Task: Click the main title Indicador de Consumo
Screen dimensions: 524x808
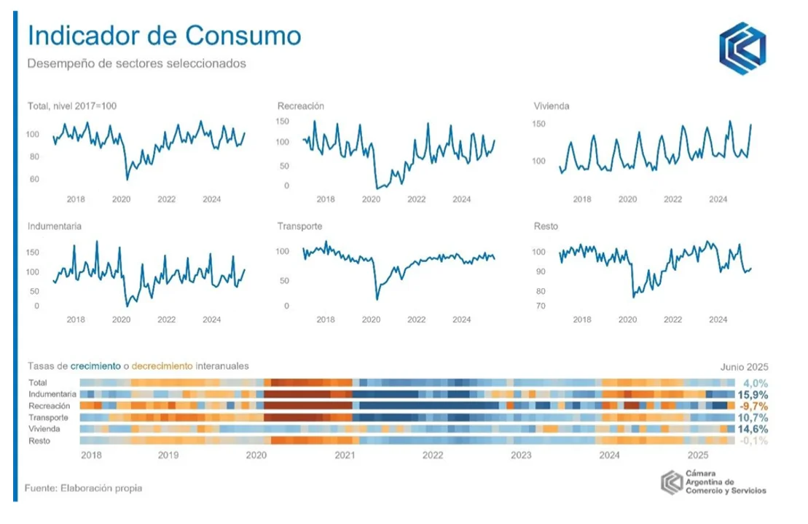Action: (x=164, y=36)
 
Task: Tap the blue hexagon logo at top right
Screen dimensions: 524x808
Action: (x=742, y=49)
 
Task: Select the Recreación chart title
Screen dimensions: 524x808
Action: (x=300, y=106)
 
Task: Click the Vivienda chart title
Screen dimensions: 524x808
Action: (x=552, y=106)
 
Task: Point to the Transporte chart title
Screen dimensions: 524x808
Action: (x=299, y=226)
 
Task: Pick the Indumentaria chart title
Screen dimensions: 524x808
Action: (x=54, y=226)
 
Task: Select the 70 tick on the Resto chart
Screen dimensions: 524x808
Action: (x=560, y=306)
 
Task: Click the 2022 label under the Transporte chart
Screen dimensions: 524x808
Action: (x=416, y=319)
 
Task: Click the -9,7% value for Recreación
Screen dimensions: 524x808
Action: (x=754, y=406)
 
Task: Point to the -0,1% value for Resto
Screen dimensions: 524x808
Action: (x=754, y=441)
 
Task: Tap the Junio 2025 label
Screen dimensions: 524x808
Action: (x=744, y=367)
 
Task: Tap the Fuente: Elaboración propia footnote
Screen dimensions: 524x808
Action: (x=83, y=488)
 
